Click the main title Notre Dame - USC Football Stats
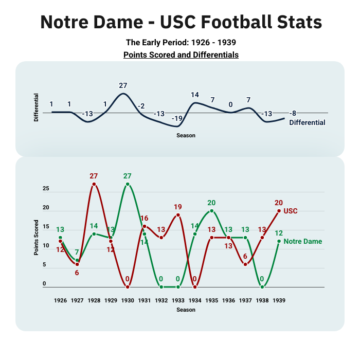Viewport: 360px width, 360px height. click(181, 22)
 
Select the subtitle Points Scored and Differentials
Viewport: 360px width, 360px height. click(181, 54)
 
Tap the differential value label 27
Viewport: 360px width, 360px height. click(123, 86)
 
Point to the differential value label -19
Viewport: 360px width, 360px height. click(177, 118)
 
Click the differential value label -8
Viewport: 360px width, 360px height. click(293, 113)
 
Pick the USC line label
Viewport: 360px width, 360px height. click(291, 211)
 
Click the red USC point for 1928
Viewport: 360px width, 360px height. click(94, 184)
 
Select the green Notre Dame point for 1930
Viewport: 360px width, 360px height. click(128, 184)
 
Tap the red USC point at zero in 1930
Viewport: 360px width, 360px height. click(128, 287)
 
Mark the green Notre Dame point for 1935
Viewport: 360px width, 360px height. click(211, 211)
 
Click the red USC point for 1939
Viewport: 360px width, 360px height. click(279, 211)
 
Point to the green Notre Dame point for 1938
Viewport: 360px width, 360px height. click(262, 287)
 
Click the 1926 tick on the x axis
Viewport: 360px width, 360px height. click(61, 300)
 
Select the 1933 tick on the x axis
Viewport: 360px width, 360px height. click(178, 300)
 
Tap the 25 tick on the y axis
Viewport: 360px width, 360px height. click(45, 189)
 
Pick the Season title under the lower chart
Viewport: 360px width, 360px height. click(186, 310)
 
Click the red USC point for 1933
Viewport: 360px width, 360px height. click(178, 215)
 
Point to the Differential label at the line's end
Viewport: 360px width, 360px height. click(307, 122)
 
